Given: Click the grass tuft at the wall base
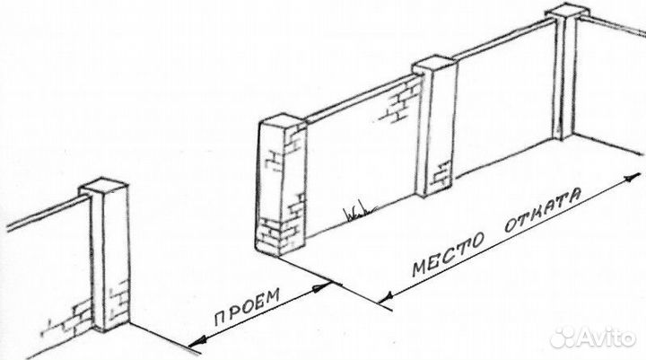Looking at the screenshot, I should coord(356,214).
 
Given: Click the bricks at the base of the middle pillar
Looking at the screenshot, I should coord(440,172).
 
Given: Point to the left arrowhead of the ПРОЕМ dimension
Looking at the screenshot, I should coord(193,344).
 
